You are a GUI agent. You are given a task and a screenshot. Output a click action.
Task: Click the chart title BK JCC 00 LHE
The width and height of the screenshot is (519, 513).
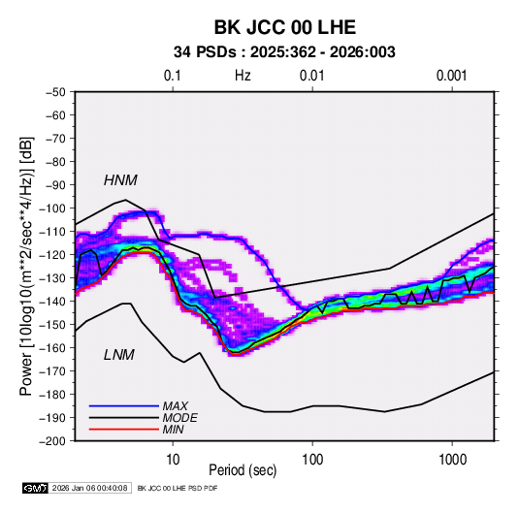point(285,27)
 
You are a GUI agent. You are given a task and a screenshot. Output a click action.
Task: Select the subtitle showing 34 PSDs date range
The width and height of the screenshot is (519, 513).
point(284,52)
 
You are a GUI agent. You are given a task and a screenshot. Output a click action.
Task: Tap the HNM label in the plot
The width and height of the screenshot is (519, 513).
point(120,180)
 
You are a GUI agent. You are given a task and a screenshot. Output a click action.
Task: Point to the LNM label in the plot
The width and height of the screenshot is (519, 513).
point(119,355)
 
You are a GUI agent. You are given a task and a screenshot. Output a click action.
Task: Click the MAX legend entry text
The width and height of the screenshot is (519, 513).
point(175,405)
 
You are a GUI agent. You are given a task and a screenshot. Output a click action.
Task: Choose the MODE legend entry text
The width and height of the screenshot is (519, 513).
point(179,418)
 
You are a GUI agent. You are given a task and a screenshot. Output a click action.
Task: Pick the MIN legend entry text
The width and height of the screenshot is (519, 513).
point(173,430)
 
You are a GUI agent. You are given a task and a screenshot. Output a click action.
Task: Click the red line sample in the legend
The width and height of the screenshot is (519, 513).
point(124,430)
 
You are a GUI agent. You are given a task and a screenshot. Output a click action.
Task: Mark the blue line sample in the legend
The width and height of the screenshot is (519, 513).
point(124,405)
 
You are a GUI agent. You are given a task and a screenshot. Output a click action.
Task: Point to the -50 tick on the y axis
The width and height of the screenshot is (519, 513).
point(55,92)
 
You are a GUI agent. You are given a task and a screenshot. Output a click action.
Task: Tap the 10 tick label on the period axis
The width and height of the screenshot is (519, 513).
point(173,460)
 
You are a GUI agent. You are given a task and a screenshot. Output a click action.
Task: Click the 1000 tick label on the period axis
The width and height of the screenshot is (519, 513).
point(452,460)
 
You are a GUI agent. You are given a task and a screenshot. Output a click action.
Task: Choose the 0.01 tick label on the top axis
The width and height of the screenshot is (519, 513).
point(311,76)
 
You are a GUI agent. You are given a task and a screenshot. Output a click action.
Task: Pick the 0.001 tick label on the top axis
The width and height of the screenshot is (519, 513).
point(451,76)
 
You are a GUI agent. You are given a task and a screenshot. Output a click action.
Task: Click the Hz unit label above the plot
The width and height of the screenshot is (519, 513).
point(243,76)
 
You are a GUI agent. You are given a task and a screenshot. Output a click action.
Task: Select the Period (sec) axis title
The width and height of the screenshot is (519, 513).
point(243,470)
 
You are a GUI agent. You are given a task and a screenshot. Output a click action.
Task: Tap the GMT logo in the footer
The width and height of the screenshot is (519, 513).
point(36,488)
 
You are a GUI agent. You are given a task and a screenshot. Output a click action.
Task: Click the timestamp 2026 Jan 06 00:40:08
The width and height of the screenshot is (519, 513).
point(89,488)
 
